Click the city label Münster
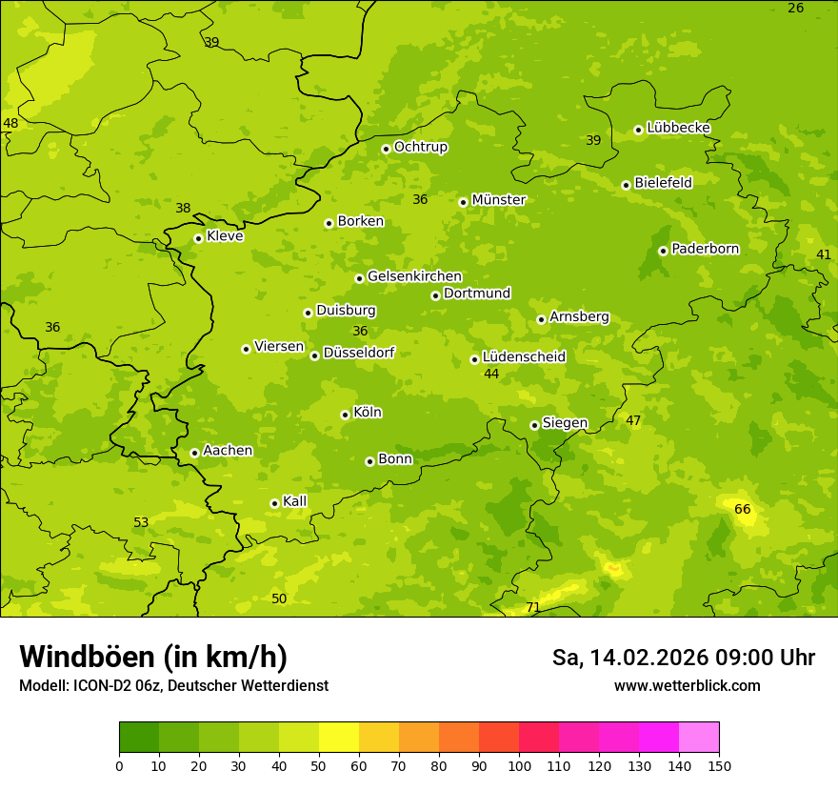(498, 200)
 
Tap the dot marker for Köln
(345, 415)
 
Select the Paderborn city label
(705, 249)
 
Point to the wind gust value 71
(533, 607)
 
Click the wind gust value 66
(743, 510)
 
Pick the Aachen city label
(228, 450)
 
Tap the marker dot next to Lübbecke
(638, 130)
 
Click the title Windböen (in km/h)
(153, 657)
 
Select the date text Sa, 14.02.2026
(630, 658)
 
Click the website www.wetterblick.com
(687, 685)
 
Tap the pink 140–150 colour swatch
(699, 738)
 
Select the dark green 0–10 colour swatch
(139, 738)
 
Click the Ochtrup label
(420, 147)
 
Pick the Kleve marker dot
(198, 238)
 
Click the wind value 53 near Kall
(141, 522)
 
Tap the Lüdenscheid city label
(524, 357)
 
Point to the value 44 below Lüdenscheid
(491, 374)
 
